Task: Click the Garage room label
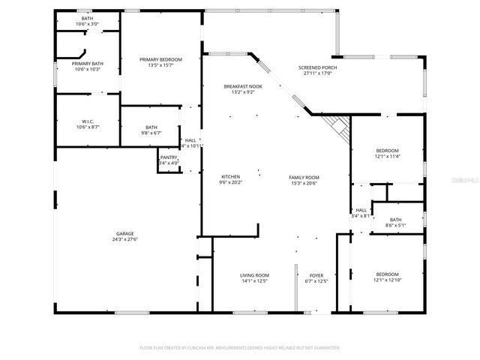click(x=125, y=233)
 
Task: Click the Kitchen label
click(x=229, y=177)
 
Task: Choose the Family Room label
click(x=304, y=177)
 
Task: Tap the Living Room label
click(x=254, y=275)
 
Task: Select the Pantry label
click(x=169, y=157)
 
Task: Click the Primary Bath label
click(x=87, y=64)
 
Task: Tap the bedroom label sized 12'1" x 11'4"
click(x=387, y=150)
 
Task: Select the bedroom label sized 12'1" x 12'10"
click(x=387, y=274)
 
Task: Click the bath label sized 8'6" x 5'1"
click(x=395, y=220)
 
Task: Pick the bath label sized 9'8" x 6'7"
click(x=151, y=127)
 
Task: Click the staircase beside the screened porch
click(x=338, y=128)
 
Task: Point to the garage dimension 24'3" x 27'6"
click(x=125, y=239)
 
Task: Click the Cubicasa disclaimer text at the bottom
click(x=240, y=348)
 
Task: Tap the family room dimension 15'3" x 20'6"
click(x=304, y=183)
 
